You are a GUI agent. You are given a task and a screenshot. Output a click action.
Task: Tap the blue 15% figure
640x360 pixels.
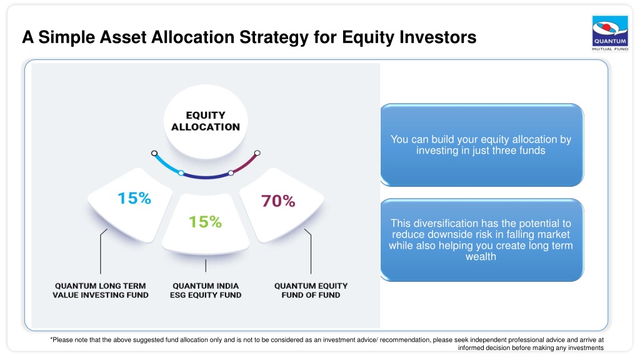134,198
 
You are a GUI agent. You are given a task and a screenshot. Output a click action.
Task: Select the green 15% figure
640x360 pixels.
205,222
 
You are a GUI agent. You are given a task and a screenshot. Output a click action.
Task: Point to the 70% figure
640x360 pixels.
278,201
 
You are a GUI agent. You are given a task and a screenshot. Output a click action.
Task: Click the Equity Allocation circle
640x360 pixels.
206,121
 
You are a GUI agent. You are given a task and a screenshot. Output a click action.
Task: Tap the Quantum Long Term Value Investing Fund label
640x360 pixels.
101,291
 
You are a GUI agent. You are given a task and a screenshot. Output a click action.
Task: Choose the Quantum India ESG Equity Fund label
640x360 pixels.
206,291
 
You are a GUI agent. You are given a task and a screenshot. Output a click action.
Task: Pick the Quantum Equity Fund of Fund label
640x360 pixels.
311,291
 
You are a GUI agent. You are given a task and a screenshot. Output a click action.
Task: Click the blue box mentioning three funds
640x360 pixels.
482,145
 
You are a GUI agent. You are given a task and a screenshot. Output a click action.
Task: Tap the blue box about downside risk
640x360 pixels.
482,240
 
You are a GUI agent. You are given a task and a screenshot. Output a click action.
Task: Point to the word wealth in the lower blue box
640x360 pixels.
481,257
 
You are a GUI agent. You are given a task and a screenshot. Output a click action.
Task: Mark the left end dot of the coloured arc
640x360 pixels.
154,154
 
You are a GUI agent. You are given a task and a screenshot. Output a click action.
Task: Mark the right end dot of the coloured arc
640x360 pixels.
257,153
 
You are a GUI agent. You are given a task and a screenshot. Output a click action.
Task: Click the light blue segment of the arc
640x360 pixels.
166,165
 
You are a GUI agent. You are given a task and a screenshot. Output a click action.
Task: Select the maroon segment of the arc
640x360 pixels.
246,164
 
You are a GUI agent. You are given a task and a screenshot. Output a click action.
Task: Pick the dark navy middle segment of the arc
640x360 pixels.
206,177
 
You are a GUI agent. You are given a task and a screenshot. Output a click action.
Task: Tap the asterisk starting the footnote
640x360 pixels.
51,339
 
